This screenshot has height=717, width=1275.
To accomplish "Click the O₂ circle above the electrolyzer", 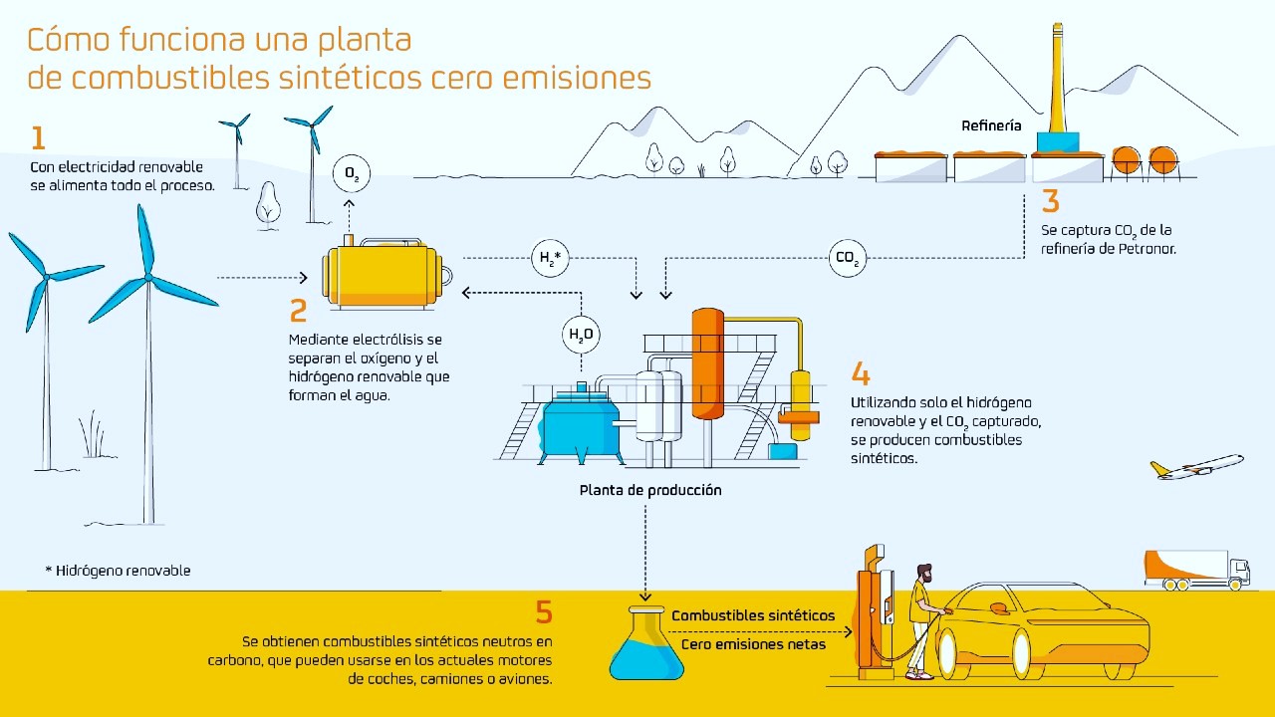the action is (352, 173).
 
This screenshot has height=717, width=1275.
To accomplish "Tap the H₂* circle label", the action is (550, 258).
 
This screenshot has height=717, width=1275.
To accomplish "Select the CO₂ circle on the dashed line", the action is (847, 258).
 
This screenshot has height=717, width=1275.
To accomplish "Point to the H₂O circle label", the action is (581, 334).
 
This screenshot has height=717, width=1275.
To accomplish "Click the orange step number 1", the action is (38, 138).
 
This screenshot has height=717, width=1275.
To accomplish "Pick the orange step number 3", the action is (1050, 200).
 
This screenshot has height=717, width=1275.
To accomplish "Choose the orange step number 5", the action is (544, 612).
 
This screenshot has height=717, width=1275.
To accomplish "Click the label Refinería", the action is (991, 125).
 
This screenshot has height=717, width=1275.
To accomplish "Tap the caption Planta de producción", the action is (650, 490).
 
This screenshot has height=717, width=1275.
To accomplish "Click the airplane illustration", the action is (1196, 467).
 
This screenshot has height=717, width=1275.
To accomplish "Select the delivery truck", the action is (1197, 570).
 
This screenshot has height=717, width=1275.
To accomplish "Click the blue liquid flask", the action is (646, 643).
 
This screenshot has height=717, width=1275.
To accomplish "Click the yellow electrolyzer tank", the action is (382, 275).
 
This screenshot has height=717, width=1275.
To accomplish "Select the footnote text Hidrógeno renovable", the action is (123, 571).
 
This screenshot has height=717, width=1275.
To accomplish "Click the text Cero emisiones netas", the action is (753, 644).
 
